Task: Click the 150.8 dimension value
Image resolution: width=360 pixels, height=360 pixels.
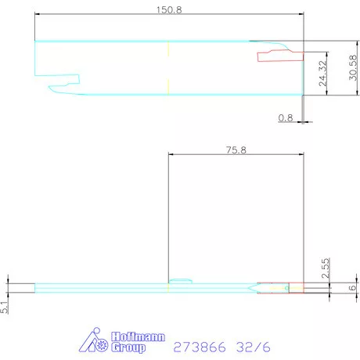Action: coord(169,10)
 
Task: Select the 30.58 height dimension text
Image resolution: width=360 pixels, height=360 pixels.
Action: coord(353,67)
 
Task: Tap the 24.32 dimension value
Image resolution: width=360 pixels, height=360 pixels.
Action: coord(322,74)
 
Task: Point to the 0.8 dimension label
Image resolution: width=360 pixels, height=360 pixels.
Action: coord(286,118)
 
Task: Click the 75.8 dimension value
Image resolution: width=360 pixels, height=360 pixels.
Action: coord(236,150)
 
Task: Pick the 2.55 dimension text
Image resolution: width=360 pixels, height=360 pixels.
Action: coord(326,268)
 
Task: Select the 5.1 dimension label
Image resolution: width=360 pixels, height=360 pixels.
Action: coord(4,307)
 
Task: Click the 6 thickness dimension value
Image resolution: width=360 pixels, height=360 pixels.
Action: coord(352,288)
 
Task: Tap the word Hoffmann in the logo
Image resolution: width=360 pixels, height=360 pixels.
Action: coord(138,337)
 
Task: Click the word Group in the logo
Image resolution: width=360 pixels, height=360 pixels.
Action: coord(128,347)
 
